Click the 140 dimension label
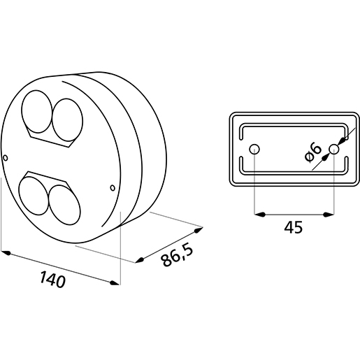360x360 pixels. coord(52,279)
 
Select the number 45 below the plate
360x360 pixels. coord(294,227)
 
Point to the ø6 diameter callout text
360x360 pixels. coord(313,152)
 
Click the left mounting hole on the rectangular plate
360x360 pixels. coord(254,149)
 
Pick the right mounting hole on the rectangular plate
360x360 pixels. coord(334,149)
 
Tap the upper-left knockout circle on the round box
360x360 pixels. coord(37,112)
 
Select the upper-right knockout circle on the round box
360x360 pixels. coord(67,120)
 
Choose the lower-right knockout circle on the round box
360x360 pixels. coord(65,205)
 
